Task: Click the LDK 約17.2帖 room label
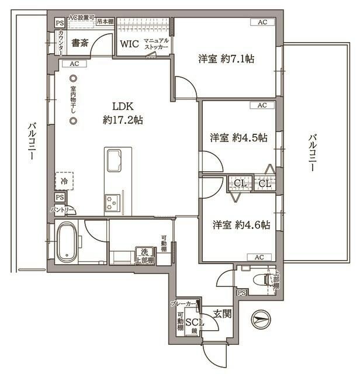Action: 123,113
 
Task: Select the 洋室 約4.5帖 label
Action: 239,138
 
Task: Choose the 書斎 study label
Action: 80,43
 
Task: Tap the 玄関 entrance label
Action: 221,314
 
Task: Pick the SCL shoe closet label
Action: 194,322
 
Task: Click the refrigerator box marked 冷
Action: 64,182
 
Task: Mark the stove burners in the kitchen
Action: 111,203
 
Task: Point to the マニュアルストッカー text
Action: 156,43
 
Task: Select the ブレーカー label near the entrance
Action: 183,304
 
